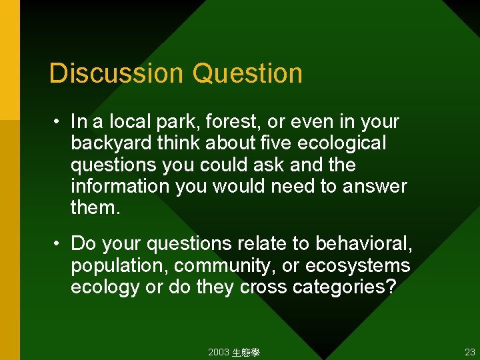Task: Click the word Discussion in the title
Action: pyautogui.click(x=117, y=73)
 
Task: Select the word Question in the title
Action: pyautogui.click(x=248, y=73)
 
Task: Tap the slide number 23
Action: pyautogui.click(x=470, y=353)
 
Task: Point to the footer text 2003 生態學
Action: pyautogui.click(x=233, y=353)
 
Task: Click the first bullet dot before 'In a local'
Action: pyautogui.click(x=59, y=122)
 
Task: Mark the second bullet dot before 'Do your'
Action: pyautogui.click(x=59, y=243)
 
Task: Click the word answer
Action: pyautogui.click(x=375, y=186)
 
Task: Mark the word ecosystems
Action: pyautogui.click(x=357, y=265)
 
